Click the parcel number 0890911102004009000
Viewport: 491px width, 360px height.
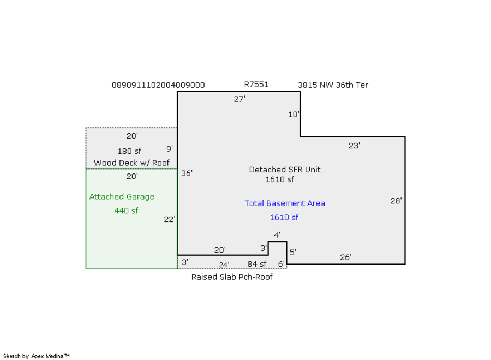point(158,85)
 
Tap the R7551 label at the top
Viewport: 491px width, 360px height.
point(256,85)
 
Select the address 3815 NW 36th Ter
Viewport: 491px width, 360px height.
point(333,85)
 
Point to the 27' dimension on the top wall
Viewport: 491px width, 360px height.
point(239,99)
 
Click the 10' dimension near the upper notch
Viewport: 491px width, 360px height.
point(294,115)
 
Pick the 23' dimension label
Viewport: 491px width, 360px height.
point(354,146)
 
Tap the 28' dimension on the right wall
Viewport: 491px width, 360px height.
point(396,201)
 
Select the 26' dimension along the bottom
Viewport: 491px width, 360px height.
point(346,257)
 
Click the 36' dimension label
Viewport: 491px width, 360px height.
point(187,173)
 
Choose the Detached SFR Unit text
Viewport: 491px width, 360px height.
point(285,170)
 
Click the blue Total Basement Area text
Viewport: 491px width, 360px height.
point(285,203)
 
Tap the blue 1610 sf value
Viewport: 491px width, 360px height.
point(284,218)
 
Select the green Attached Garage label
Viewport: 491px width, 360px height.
point(122,197)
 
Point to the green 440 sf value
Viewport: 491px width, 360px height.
point(126,211)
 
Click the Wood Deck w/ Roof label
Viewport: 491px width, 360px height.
point(131,163)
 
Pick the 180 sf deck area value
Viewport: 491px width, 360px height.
point(129,151)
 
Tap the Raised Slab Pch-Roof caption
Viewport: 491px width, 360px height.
point(232,277)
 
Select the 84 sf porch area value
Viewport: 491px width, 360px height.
point(256,265)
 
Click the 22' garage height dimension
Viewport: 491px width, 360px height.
point(170,219)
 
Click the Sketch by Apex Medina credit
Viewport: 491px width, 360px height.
point(37,356)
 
